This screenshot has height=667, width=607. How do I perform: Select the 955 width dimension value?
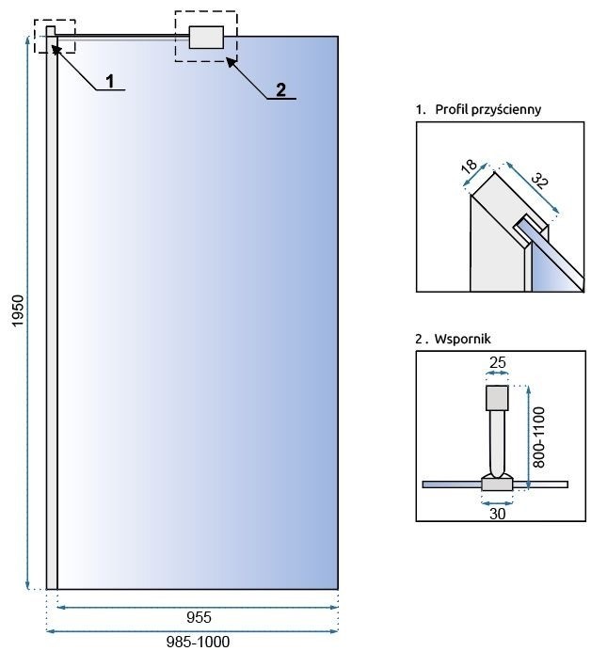pyautogui.click(x=198, y=618)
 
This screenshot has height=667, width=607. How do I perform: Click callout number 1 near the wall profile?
pyautogui.click(x=110, y=81)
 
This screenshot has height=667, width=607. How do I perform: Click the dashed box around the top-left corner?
pyautogui.click(x=54, y=37)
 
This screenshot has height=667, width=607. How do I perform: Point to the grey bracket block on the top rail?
pyautogui.click(x=206, y=37)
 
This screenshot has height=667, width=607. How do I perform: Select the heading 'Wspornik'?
pyautogui.click(x=457, y=337)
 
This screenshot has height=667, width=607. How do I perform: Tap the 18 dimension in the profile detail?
pyautogui.click(x=470, y=166)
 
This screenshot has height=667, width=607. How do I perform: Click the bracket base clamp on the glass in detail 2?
pyautogui.click(x=496, y=484)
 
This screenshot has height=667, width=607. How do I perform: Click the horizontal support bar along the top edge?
pyautogui.click(x=122, y=37)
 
